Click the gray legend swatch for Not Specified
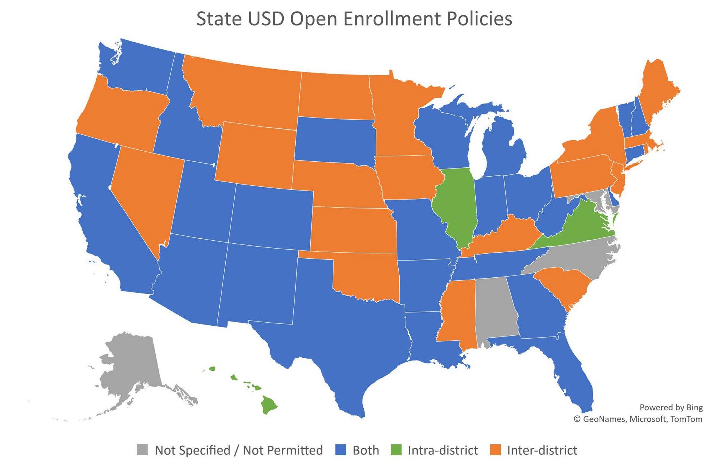(x=142, y=450)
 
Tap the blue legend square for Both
(x=340, y=450)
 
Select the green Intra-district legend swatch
(x=396, y=450)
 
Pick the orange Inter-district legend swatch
(x=495, y=450)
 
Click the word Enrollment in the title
(x=390, y=19)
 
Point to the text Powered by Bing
(x=671, y=407)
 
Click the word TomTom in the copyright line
(x=686, y=419)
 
